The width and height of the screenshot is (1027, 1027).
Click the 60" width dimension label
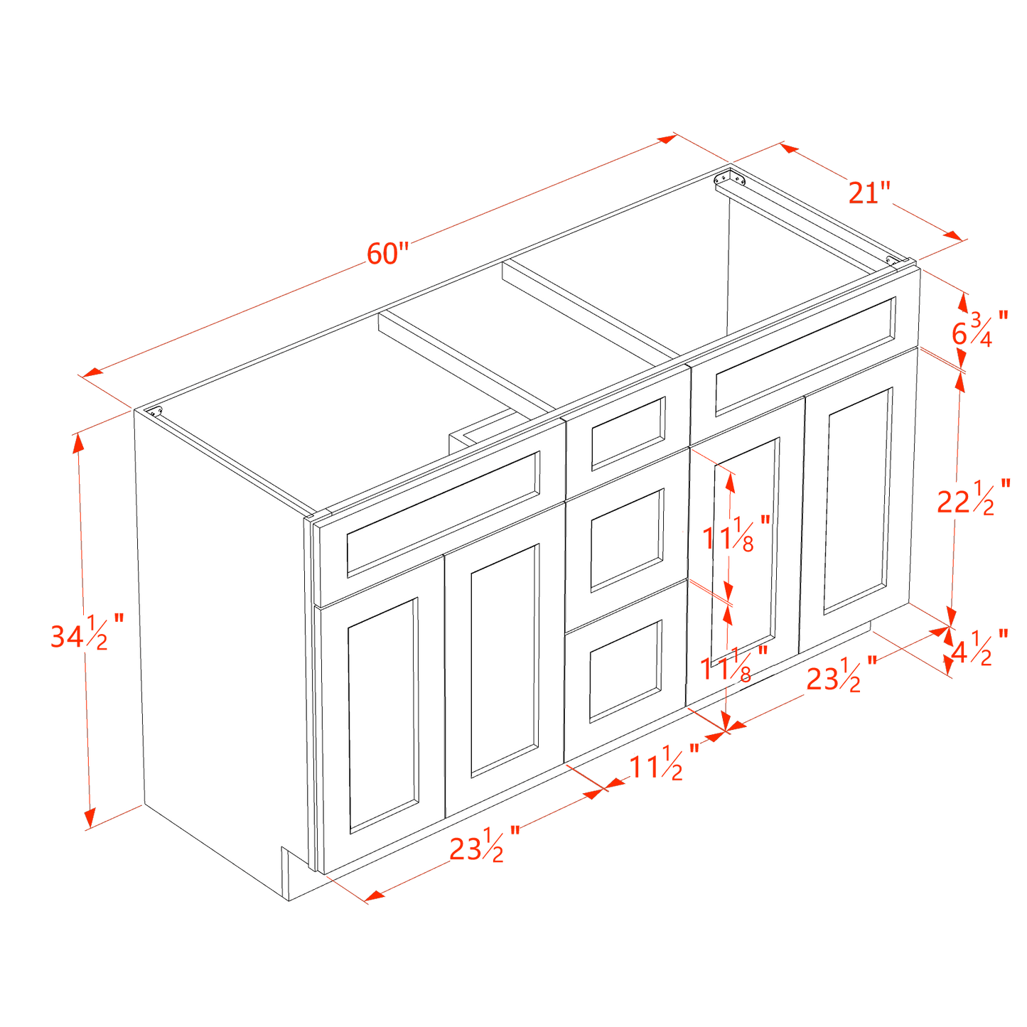point(388,253)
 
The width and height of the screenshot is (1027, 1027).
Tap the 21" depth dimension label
point(869,193)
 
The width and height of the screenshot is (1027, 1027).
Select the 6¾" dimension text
point(979,328)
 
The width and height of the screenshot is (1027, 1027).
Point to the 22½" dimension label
point(971,498)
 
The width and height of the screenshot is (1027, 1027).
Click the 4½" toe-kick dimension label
point(980,647)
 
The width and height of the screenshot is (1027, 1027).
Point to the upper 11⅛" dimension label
point(736,534)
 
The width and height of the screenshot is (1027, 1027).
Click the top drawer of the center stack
point(627,433)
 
